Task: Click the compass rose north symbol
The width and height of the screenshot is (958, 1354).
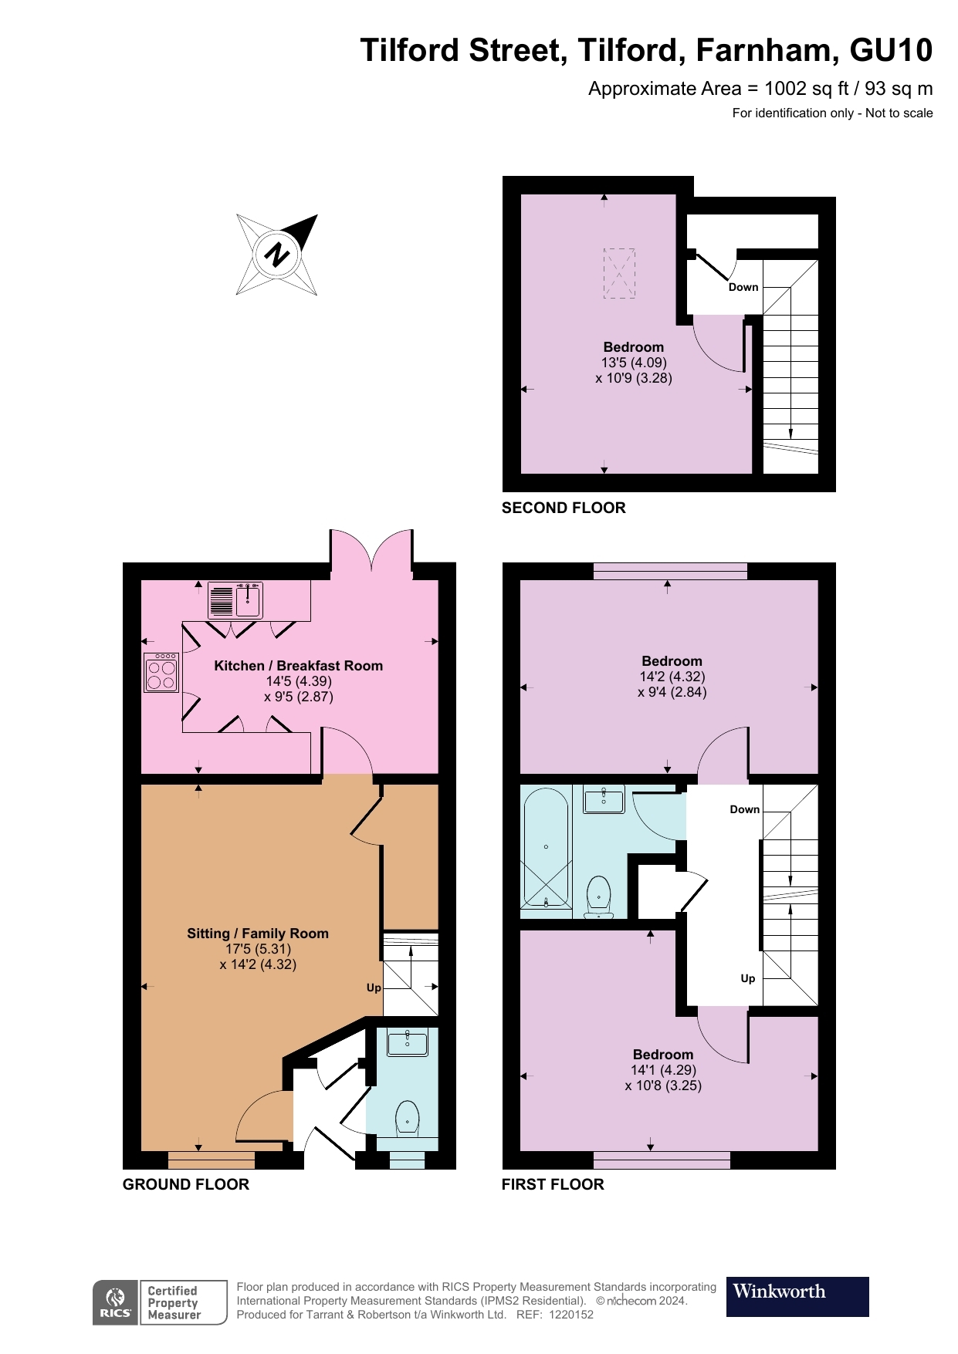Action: coord(277,255)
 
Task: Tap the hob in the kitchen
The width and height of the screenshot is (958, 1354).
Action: coord(161,673)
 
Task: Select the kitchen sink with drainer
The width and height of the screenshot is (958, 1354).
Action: coord(235,600)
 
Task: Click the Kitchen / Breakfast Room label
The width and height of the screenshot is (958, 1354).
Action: coord(298,666)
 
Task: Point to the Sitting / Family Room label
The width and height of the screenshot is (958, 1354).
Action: coord(258,934)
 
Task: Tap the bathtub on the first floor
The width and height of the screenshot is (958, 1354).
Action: coord(546,847)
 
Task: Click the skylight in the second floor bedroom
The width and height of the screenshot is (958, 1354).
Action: coord(619,273)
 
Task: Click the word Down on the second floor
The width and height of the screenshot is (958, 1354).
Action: coord(743,287)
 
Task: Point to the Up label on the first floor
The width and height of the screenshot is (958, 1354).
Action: coord(747,978)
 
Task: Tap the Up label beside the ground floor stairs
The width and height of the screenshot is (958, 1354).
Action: coord(374,988)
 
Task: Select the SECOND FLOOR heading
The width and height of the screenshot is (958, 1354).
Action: coord(564,508)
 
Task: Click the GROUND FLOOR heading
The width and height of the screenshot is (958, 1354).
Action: coord(186,1184)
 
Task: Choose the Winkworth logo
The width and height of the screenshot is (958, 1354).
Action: coord(797,1296)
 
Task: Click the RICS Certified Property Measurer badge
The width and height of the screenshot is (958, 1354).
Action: coord(160,1302)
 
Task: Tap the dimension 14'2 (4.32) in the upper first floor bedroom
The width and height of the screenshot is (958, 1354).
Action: coord(672,677)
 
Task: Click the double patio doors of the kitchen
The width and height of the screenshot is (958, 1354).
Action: coord(371,551)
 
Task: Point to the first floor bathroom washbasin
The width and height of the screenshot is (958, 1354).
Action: coord(604,800)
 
